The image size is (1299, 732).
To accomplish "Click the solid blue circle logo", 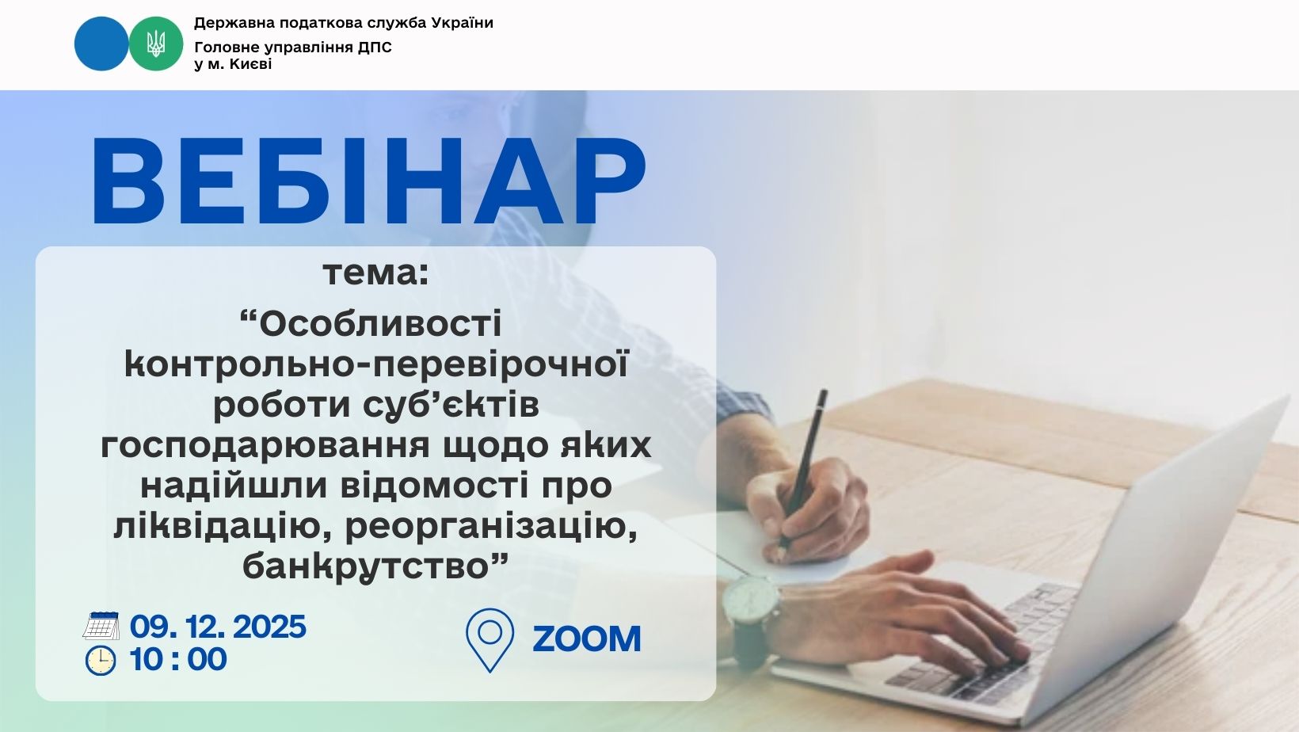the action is click(101, 44).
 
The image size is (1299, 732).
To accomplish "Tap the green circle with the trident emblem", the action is click(155, 44).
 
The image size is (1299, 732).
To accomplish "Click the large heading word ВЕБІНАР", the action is click(368, 181).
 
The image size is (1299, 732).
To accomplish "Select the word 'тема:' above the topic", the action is click(375, 273).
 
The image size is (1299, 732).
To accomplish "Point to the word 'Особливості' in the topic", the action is click(379, 324).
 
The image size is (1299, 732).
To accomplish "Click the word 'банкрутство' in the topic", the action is click(366, 566).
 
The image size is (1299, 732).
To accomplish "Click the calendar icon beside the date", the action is click(101, 625).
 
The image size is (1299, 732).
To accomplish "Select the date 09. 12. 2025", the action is click(218, 627).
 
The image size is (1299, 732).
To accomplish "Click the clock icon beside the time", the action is click(101, 661).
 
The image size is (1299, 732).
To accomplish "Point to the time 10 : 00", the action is click(178, 659).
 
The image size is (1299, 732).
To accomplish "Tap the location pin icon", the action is click(490, 640).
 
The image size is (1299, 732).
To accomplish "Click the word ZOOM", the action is click(586, 639).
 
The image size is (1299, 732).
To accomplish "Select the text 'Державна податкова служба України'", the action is click(343, 23).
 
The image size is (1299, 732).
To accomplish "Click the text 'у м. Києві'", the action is click(233, 64).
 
